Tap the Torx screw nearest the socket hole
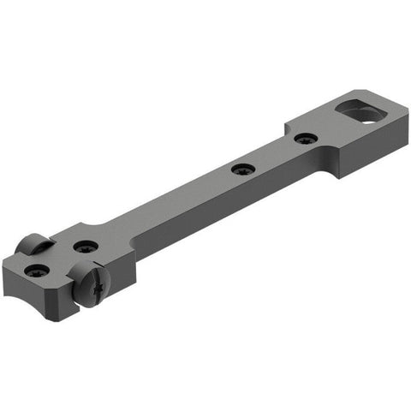coord(304,138)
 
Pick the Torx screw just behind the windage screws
coord(86,247)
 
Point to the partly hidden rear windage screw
coord(34,245)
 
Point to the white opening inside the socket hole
coord(367,117)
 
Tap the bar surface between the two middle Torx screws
coord(272,154)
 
